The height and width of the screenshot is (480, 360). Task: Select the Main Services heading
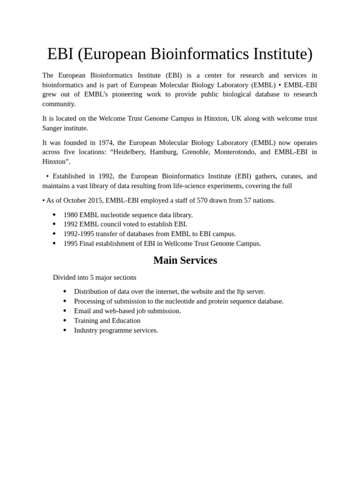(185, 261)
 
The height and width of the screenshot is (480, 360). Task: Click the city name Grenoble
(195, 152)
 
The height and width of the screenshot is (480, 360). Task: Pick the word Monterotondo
(235, 152)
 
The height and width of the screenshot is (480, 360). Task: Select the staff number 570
(202, 200)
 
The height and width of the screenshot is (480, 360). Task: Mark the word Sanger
(53, 128)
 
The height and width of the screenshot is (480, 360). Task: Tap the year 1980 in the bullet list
(70, 215)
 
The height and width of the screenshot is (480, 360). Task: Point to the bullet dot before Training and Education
(65, 321)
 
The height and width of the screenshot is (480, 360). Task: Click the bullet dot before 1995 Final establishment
(54, 244)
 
